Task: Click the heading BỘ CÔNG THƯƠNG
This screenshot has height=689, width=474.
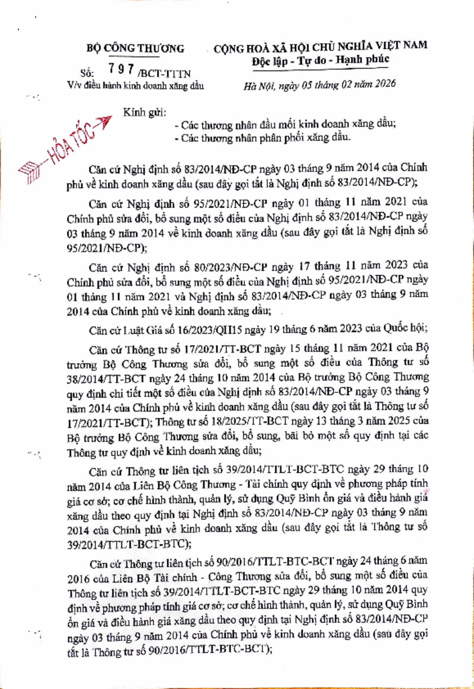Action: [136, 48]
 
